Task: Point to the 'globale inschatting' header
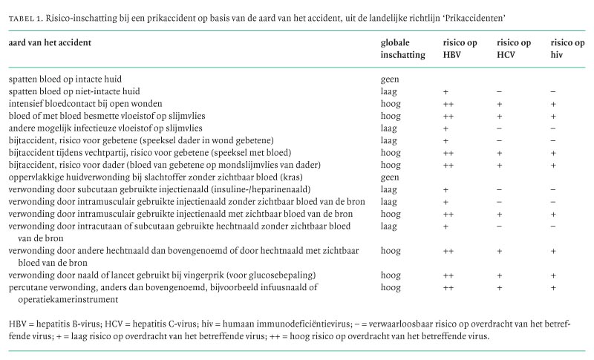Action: click(x=402, y=49)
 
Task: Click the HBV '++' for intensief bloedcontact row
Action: click(x=448, y=103)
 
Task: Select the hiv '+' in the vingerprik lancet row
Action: click(x=553, y=275)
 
